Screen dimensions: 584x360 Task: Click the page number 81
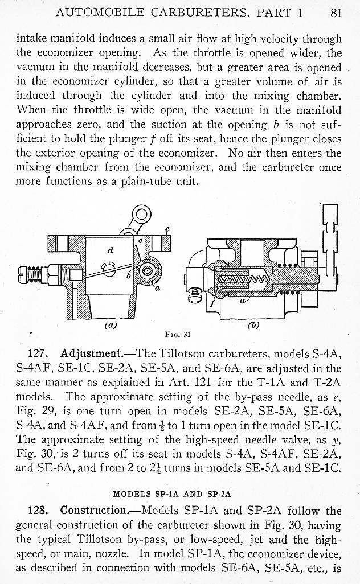pos(336,13)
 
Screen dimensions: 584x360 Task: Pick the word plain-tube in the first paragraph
pos(166,182)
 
